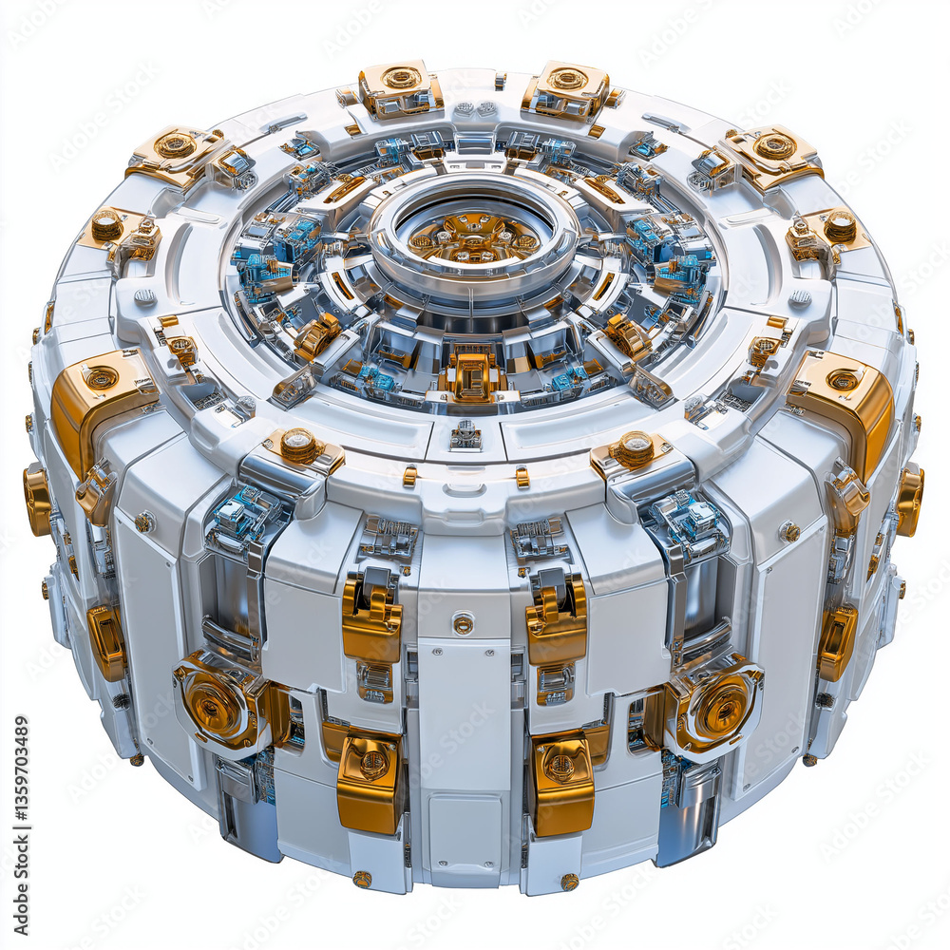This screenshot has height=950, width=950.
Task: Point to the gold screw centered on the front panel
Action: coord(463,624)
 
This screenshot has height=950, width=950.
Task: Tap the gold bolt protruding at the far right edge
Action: coord(909,499)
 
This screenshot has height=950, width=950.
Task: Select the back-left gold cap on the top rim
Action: coord(400,87)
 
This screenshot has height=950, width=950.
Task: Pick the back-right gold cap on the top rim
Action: coord(567,88)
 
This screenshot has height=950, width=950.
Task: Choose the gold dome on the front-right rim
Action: coord(635,448)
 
